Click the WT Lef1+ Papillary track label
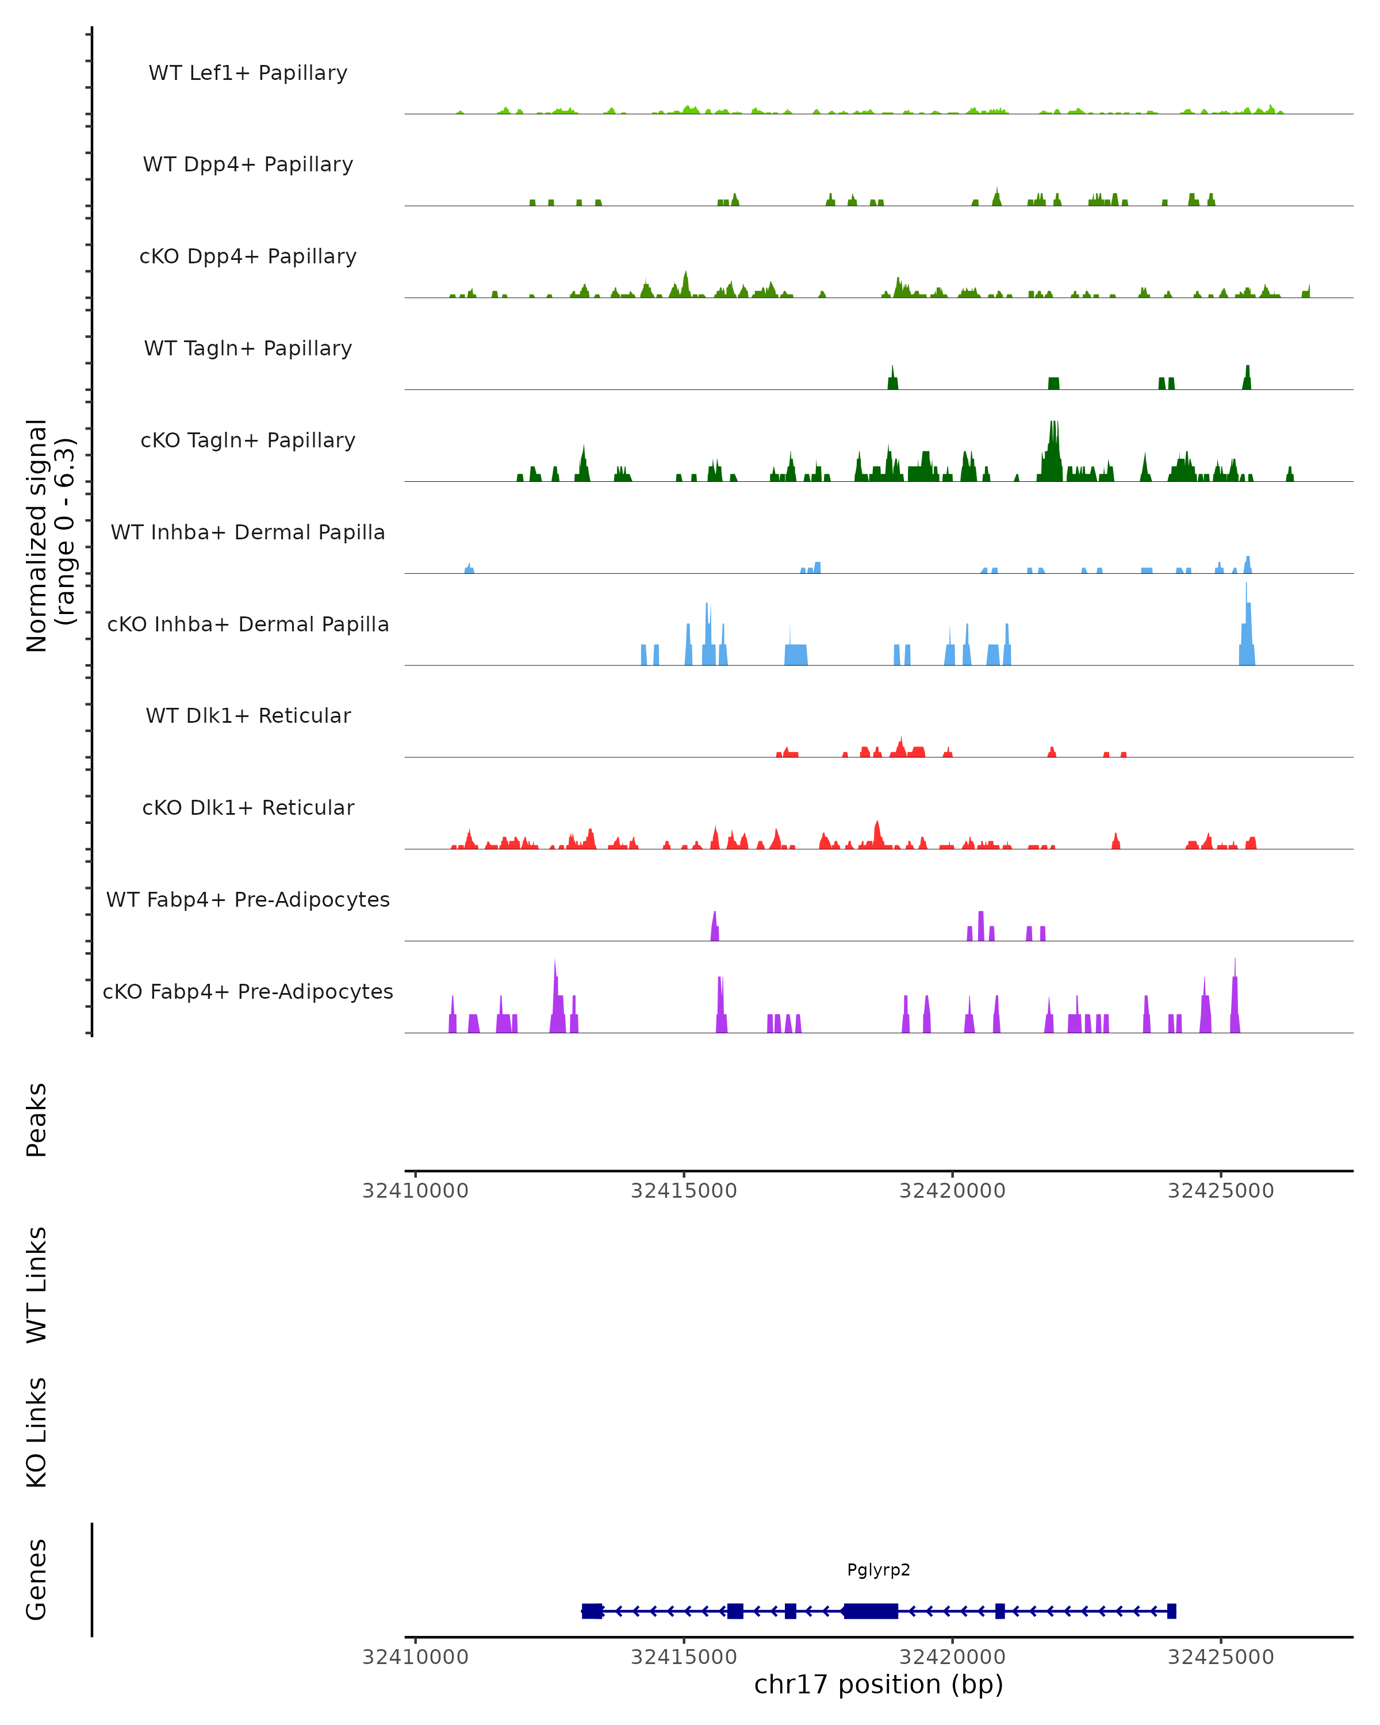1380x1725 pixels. pos(248,73)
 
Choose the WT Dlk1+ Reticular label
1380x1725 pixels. pos(248,715)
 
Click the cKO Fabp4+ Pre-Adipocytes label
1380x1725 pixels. pos(248,991)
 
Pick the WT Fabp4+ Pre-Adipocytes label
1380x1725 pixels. pos(248,899)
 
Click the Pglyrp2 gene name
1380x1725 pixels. pos(879,1570)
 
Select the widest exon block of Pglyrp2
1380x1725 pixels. pos(871,1611)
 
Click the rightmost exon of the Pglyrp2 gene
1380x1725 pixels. pos(1172,1611)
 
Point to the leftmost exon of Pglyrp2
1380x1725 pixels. pos(592,1611)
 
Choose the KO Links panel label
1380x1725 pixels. pos(37,1432)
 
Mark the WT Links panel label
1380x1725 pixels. pos(37,1284)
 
